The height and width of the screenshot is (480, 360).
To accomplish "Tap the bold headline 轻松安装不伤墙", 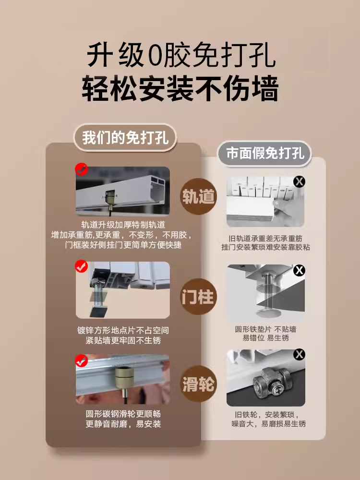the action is [x=180, y=89].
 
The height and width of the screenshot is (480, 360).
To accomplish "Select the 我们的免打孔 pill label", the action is [x=125, y=137].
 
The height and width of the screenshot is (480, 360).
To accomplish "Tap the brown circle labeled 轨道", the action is [x=198, y=196].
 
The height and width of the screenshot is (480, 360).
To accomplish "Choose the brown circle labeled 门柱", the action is [x=198, y=297].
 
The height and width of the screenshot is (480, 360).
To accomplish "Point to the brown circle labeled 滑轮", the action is [x=198, y=384].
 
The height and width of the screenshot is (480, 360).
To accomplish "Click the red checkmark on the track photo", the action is [x=82, y=169].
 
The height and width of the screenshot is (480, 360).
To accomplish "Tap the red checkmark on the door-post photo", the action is [x=82, y=266].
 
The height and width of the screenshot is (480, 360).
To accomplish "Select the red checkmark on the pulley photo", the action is [x=82, y=360].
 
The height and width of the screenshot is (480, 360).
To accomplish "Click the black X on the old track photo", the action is [x=299, y=181].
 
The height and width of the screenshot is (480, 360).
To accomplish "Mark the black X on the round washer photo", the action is [x=299, y=270].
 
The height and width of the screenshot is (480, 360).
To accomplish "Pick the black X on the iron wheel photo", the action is [x=299, y=355].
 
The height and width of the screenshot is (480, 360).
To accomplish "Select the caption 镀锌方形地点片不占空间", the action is [x=123, y=331].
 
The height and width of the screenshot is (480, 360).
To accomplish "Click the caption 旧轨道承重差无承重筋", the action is [x=265, y=239].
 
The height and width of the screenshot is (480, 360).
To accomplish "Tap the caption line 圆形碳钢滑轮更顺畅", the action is [x=123, y=414].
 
